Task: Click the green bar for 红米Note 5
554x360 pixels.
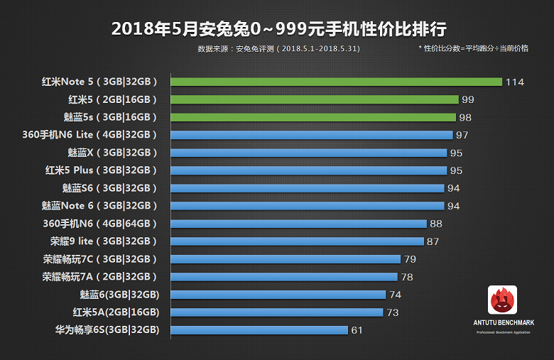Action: [336, 82]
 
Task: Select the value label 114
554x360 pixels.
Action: [515, 82]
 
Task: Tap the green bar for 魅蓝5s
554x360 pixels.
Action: [313, 117]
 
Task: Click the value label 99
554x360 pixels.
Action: [467, 100]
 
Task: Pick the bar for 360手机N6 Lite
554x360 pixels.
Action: [312, 135]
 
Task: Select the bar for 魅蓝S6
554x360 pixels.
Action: [308, 188]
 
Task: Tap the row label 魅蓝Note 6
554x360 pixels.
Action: [99, 206]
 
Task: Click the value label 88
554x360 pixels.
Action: [436, 224]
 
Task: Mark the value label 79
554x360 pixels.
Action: [410, 259]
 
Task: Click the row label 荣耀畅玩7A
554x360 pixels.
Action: [99, 277]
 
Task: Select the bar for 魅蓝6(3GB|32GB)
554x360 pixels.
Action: [278, 295]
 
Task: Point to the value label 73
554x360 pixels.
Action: [393, 312]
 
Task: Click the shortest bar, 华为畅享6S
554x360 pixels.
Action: [259, 330]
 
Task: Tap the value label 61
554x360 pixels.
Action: [357, 330]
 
